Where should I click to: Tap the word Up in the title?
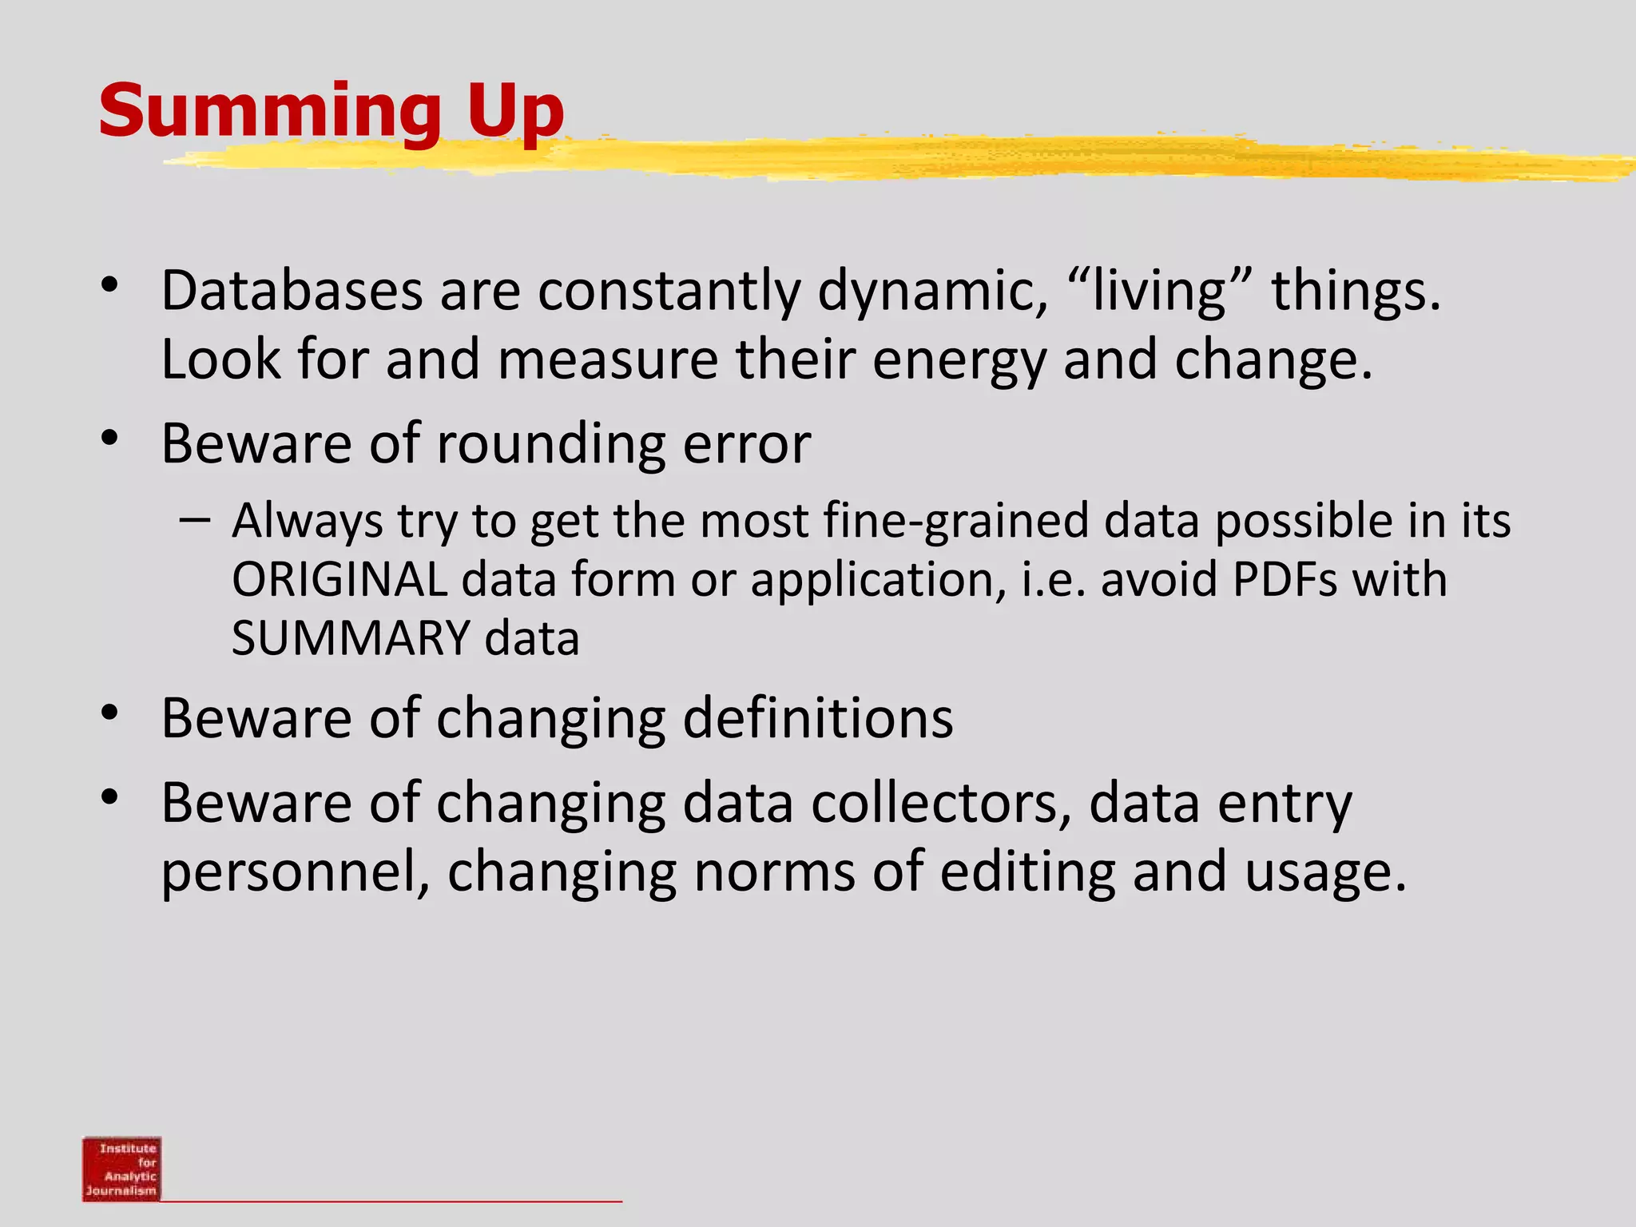pos(515,113)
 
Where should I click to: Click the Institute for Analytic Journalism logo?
pos(121,1168)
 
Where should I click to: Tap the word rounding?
pos(550,444)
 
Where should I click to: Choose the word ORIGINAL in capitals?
pos(340,579)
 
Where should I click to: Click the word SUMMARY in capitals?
pos(351,638)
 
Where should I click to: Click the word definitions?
pos(818,718)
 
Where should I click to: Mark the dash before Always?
pos(195,521)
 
